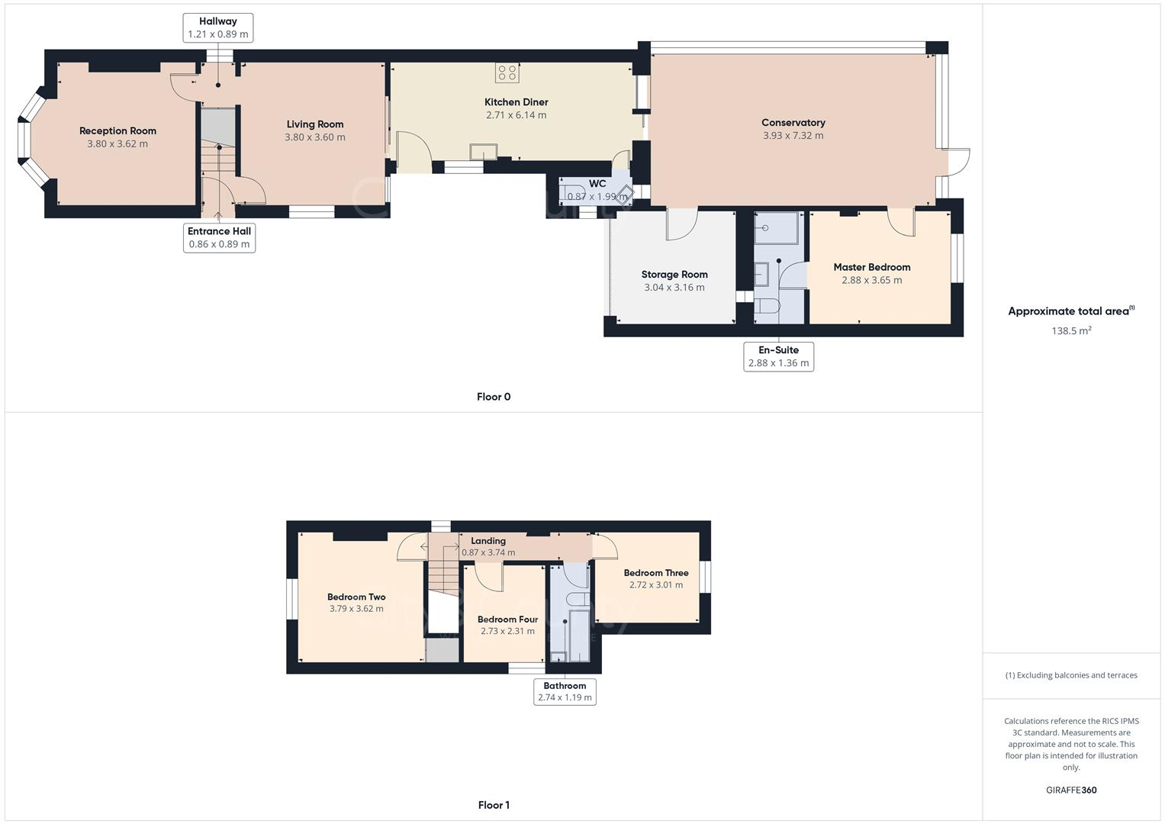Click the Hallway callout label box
(x=218, y=27)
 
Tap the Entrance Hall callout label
(x=219, y=237)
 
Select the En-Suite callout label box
(x=778, y=356)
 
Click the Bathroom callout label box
(x=565, y=691)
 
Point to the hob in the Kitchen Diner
(x=507, y=73)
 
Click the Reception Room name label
(x=117, y=130)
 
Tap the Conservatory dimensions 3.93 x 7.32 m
(x=793, y=136)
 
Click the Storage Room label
(x=674, y=275)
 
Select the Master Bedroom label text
(x=871, y=267)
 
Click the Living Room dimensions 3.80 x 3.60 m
(x=314, y=137)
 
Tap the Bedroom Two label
(x=356, y=597)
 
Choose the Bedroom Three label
(x=655, y=573)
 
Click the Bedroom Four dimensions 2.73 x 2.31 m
(x=507, y=631)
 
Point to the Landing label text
(x=488, y=541)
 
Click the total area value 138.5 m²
(x=1071, y=331)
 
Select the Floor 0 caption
(x=494, y=397)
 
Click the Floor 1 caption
(x=494, y=805)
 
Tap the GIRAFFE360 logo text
(x=1071, y=790)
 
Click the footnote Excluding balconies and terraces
(x=1071, y=675)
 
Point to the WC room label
(x=597, y=184)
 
